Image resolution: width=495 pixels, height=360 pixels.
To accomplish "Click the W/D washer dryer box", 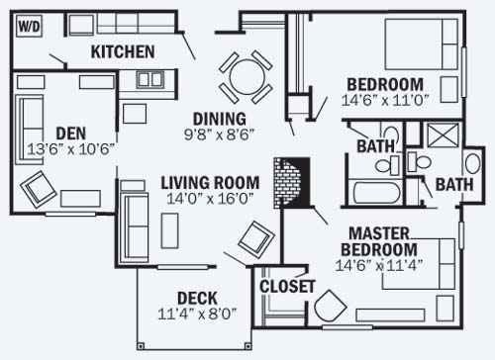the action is click(x=30, y=26).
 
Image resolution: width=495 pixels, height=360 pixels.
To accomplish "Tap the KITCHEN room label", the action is click(x=123, y=51).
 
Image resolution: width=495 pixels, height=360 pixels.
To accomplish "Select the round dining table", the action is click(x=247, y=76).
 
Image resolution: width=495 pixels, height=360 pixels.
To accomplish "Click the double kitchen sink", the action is click(x=150, y=79).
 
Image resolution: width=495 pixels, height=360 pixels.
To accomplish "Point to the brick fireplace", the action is click(x=291, y=183).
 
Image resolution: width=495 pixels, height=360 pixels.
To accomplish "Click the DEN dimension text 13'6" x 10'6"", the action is click(x=71, y=149).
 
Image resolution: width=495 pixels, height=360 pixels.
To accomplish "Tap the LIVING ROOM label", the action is click(x=210, y=183).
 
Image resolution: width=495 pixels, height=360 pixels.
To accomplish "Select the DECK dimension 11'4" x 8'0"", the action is click(x=197, y=314).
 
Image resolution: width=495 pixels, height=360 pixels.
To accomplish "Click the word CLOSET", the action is click(x=287, y=287).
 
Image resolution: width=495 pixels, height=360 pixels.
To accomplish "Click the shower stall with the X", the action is click(x=443, y=135).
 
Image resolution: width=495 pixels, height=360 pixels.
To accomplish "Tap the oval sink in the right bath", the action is click(x=472, y=163).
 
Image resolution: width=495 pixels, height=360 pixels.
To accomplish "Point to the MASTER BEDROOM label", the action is click(x=379, y=241).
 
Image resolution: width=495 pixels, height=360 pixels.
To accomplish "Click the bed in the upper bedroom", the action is click(x=422, y=45).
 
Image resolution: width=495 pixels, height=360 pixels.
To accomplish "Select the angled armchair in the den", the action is click(x=39, y=189).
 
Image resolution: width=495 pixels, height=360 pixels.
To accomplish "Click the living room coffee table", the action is click(x=170, y=230).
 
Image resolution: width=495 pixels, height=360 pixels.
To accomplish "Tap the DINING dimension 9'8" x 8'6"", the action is click(x=220, y=135).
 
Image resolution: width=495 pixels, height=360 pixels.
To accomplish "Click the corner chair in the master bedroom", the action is click(x=330, y=307).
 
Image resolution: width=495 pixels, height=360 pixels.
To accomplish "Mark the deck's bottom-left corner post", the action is click(x=141, y=346).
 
